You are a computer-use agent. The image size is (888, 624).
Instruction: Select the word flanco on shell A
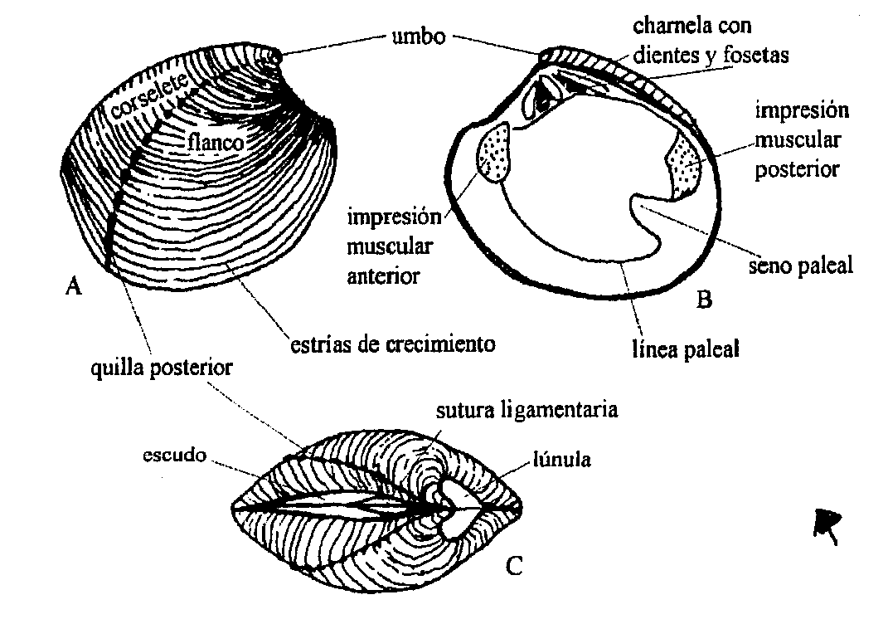(215, 143)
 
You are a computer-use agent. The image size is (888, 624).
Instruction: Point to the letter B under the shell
(704, 299)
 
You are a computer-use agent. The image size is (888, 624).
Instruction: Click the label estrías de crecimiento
(392, 343)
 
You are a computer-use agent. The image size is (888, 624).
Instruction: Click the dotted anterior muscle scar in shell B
(495, 151)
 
